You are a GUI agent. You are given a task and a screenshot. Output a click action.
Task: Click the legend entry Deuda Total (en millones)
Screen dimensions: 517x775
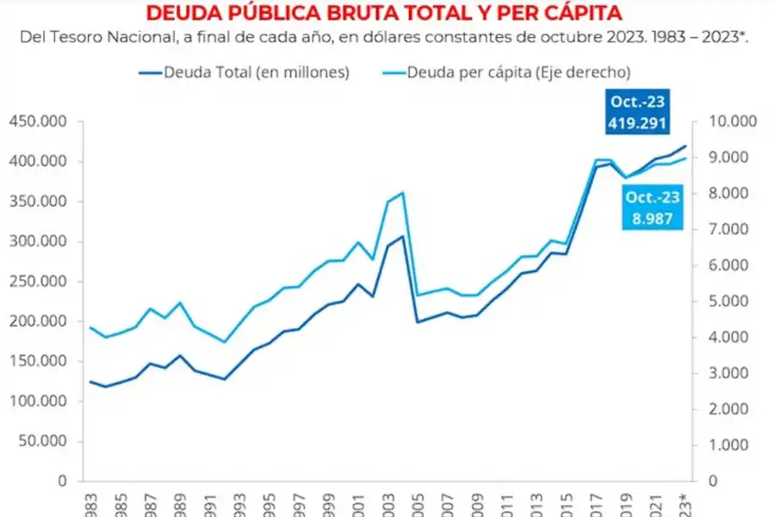pos(256,72)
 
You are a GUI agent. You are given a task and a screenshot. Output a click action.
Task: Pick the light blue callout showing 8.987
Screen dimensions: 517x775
pos(652,209)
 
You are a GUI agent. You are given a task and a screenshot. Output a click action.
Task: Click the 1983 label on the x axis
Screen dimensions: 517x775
pos(89,501)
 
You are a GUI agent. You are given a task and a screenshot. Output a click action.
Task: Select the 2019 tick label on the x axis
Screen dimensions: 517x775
pos(627,501)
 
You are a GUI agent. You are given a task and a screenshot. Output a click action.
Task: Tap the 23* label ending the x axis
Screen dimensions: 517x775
pos(685,503)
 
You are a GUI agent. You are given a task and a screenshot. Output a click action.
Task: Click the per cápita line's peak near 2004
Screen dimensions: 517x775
pos(402,193)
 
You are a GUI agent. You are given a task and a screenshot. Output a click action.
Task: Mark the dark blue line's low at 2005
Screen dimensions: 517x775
pos(418,322)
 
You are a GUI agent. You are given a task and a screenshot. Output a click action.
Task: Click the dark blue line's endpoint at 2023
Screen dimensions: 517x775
pos(686,146)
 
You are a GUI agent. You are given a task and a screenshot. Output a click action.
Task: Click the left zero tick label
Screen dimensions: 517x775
pos(62,481)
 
